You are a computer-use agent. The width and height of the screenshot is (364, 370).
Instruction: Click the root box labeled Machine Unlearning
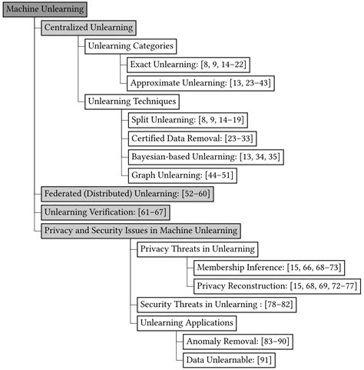click(45, 9)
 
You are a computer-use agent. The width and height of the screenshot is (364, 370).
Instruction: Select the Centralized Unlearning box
click(89, 28)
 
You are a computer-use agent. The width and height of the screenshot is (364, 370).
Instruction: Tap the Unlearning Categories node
click(131, 46)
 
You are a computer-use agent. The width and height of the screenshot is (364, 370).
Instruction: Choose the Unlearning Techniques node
click(132, 102)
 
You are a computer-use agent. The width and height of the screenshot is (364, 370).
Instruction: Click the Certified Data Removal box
click(193, 138)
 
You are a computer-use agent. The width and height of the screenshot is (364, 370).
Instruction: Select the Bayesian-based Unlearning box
click(200, 157)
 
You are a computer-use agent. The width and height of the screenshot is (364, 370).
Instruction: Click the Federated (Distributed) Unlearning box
click(124, 194)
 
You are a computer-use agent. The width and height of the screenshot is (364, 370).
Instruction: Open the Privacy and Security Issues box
click(141, 230)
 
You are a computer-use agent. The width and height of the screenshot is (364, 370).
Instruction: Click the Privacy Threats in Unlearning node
click(197, 248)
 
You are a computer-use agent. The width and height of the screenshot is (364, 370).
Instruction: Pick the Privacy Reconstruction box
click(274, 285)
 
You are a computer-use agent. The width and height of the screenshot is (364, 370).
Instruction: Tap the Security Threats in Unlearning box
click(215, 304)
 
